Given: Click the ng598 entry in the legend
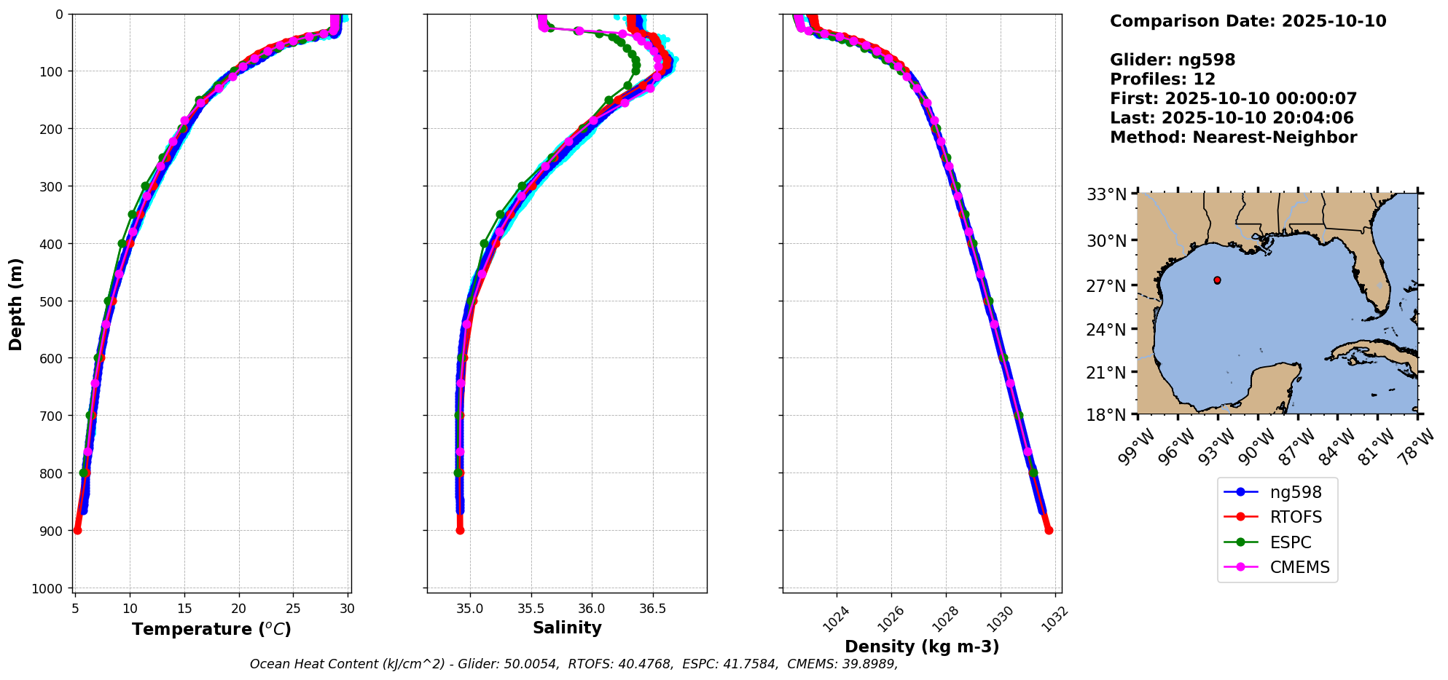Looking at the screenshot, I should (x=1295, y=492).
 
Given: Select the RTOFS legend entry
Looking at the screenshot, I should (x=1295, y=517).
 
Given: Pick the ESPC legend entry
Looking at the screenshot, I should (x=1290, y=542).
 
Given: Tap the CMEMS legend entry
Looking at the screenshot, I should (x=1299, y=567).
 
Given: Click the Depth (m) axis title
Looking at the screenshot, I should (x=16, y=304).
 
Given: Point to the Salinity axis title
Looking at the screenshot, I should (x=567, y=628).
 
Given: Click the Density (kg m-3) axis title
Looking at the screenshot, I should (x=922, y=647).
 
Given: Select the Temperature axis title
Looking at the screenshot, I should (x=211, y=629).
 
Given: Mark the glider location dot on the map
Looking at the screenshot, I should (x=1217, y=280).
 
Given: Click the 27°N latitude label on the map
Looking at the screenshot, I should (x=1106, y=286).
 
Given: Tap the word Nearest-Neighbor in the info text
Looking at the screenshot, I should (x=1275, y=138).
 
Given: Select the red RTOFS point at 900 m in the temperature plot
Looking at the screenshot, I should (x=77, y=530).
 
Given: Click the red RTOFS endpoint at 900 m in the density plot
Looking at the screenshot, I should (x=1049, y=530).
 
